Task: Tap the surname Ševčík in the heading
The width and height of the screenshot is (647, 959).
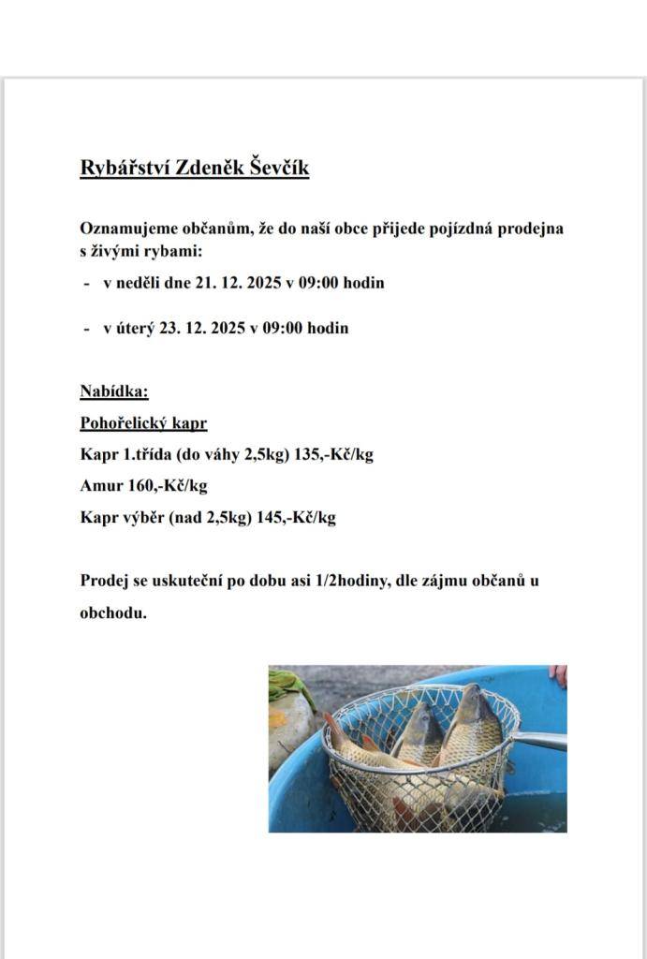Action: click(278, 169)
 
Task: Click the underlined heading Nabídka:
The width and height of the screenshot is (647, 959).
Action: click(114, 391)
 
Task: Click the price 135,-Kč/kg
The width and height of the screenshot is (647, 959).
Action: click(334, 455)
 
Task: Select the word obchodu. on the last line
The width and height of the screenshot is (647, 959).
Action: click(112, 614)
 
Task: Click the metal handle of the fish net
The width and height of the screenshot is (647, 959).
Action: click(540, 741)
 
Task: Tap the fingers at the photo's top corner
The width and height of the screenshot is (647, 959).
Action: click(558, 674)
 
